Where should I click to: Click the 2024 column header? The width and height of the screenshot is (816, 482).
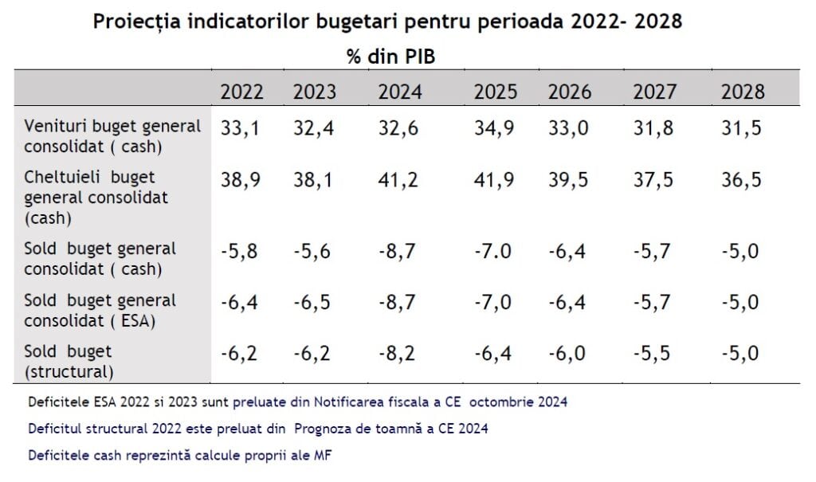[400, 92]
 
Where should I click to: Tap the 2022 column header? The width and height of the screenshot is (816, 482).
[241, 92]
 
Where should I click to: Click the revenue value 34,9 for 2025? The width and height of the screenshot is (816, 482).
[496, 127]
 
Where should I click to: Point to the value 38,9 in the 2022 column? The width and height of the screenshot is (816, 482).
[241, 179]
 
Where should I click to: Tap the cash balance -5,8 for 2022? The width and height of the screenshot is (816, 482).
[239, 251]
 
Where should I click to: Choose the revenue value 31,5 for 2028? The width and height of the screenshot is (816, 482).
[742, 127]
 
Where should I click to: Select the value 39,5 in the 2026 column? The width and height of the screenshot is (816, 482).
[570, 179]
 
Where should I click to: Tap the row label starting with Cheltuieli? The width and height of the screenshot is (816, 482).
[96, 197]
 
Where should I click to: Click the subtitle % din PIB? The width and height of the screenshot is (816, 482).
[390, 57]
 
